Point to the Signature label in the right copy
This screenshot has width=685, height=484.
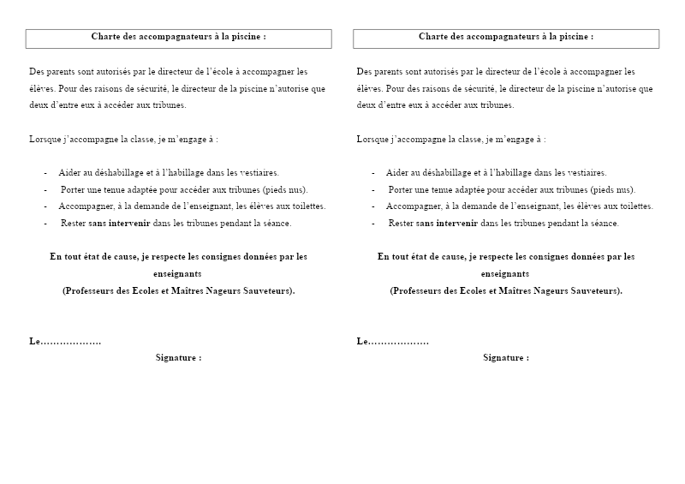(x=505, y=358)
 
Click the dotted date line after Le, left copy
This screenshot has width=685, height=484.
(x=71, y=342)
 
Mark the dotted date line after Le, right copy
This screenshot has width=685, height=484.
(x=398, y=342)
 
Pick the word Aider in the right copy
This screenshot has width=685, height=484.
(x=396, y=173)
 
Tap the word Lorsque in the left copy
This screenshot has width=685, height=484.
(x=45, y=139)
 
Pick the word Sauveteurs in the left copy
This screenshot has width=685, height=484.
(x=267, y=290)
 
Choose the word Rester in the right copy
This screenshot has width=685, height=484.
(x=401, y=224)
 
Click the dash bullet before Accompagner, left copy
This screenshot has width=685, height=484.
(x=45, y=206)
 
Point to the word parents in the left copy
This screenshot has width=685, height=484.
(x=63, y=72)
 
